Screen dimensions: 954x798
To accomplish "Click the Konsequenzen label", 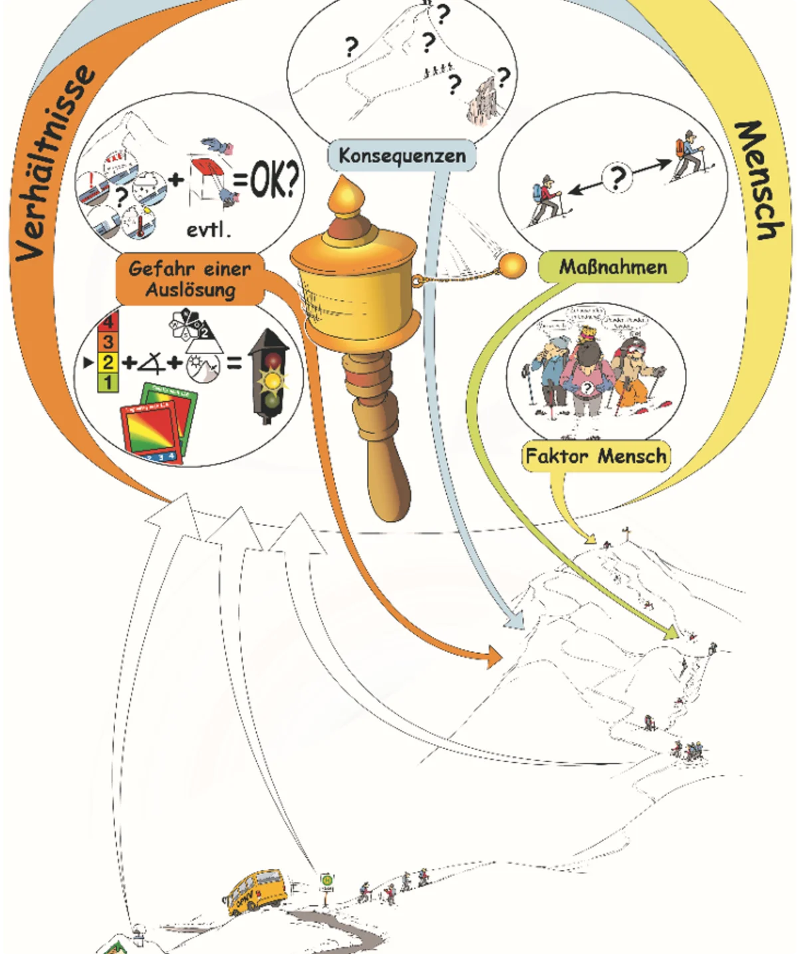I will (x=402, y=156).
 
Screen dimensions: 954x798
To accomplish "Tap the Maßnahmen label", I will (x=612, y=267).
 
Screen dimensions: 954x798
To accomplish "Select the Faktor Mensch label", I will (x=596, y=456).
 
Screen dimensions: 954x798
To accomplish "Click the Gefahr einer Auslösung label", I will (x=190, y=279).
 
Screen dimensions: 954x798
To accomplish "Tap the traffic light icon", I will (x=269, y=376).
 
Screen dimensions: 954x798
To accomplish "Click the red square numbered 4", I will (x=108, y=322).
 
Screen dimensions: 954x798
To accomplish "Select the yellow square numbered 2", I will (x=108, y=362).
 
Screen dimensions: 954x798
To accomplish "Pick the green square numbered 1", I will (x=108, y=382).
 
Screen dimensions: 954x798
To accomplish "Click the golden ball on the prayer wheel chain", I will (x=512, y=266).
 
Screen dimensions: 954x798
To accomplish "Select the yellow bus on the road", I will (x=255, y=891).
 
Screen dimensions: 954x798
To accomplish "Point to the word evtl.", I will (x=208, y=230).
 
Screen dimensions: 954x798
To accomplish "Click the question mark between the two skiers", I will (x=618, y=177).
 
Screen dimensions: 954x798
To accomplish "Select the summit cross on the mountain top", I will (x=626, y=533).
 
